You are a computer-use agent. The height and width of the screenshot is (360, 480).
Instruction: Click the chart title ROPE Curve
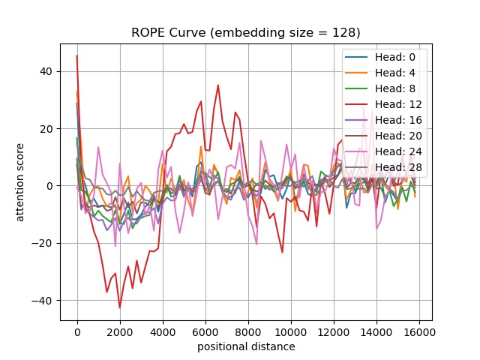[246, 32]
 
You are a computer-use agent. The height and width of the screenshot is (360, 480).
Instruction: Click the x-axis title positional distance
[246, 346]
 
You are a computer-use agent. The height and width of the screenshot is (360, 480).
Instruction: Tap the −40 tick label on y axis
[44, 300]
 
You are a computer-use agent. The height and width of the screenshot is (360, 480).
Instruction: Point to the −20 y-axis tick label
[44, 243]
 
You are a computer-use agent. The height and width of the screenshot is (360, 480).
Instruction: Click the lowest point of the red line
[119, 307]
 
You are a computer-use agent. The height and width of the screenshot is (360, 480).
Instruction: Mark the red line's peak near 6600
[218, 85]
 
